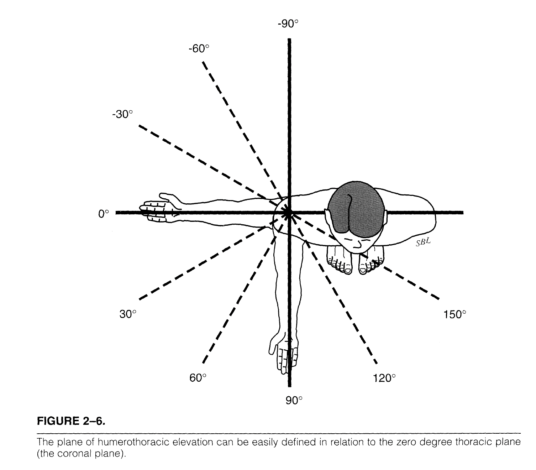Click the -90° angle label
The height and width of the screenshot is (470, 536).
288,24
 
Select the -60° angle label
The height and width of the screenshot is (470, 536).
199,49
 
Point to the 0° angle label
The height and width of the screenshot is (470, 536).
103,214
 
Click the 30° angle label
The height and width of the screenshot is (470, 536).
127,314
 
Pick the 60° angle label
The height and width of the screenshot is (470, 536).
198,378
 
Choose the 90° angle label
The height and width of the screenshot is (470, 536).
294,401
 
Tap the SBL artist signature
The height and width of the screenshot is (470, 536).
424,243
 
